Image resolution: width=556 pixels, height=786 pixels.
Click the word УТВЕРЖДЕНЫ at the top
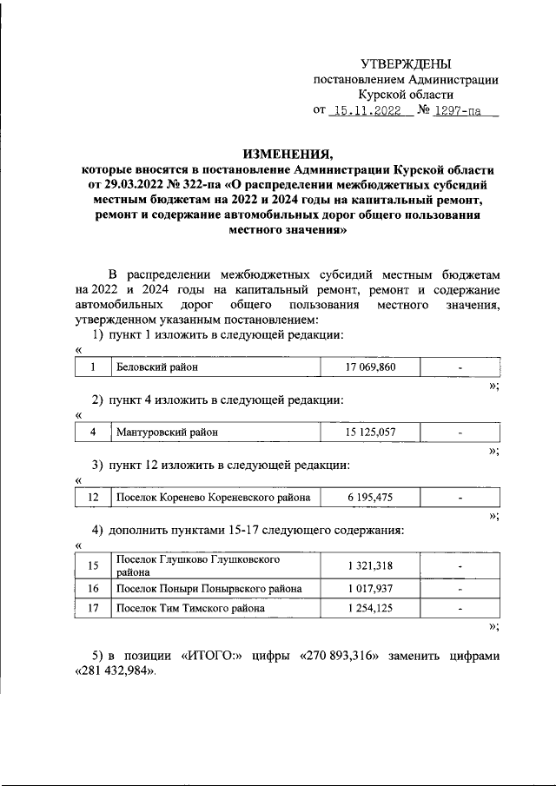[x=407, y=64]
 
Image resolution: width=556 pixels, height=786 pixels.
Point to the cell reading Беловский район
[x=157, y=367]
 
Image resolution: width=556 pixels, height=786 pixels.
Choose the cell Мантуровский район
[x=167, y=432]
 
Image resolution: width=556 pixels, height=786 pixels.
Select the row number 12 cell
[x=92, y=498]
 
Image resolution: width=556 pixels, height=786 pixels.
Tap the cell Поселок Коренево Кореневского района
[x=214, y=498]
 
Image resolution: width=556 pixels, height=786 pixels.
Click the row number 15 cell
[x=92, y=566]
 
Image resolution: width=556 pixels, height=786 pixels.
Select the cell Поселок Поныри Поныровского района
[x=209, y=589]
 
